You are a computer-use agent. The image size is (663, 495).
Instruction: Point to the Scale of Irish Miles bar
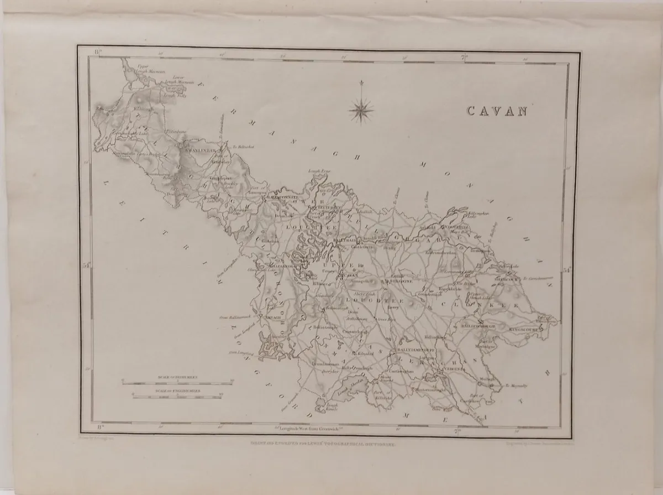177,381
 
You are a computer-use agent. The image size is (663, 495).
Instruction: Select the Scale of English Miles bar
177,394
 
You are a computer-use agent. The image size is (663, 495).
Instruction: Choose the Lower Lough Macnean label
178,80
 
